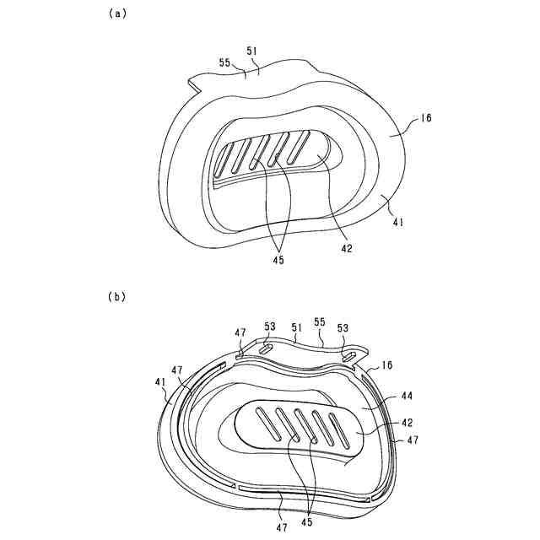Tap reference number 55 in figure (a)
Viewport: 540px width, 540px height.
[225, 62]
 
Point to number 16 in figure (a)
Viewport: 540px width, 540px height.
[424, 120]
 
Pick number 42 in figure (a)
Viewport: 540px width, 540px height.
[347, 248]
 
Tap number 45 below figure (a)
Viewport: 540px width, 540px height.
[277, 260]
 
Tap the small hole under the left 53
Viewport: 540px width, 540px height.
[263, 346]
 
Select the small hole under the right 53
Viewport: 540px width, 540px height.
[347, 356]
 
